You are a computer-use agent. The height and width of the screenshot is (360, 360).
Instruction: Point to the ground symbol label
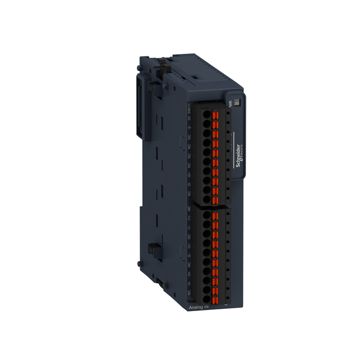189,127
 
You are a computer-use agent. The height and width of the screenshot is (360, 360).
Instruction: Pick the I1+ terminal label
189,217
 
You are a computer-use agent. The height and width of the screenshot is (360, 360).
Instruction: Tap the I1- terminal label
189,227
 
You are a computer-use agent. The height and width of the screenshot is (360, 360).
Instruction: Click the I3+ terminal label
189,274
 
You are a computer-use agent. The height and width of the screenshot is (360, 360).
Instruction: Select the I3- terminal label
189,283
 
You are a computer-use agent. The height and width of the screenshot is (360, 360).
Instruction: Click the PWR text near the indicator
231,103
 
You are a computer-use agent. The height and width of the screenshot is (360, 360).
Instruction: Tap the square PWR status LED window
237,103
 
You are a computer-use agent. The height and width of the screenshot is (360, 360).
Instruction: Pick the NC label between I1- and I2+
189,236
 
